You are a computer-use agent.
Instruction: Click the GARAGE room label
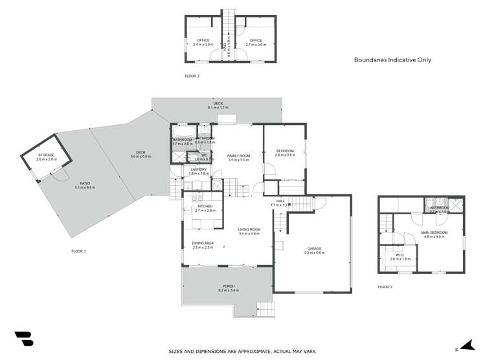(315, 248)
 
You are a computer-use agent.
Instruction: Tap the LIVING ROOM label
(249, 229)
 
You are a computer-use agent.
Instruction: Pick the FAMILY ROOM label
(238, 156)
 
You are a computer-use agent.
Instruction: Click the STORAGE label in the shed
(46, 155)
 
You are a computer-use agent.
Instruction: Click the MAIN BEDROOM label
(434, 233)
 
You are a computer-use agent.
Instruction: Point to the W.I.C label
(400, 255)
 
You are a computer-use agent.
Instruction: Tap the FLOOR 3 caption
(192, 76)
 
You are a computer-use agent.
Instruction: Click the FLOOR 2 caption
(385, 287)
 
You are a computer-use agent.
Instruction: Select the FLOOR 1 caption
(79, 251)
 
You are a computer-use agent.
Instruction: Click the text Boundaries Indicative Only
(392, 60)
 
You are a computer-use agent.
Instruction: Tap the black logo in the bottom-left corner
(23, 339)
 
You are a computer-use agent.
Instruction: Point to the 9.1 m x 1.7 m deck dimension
(216, 106)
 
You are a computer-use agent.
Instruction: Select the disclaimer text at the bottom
(242, 351)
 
